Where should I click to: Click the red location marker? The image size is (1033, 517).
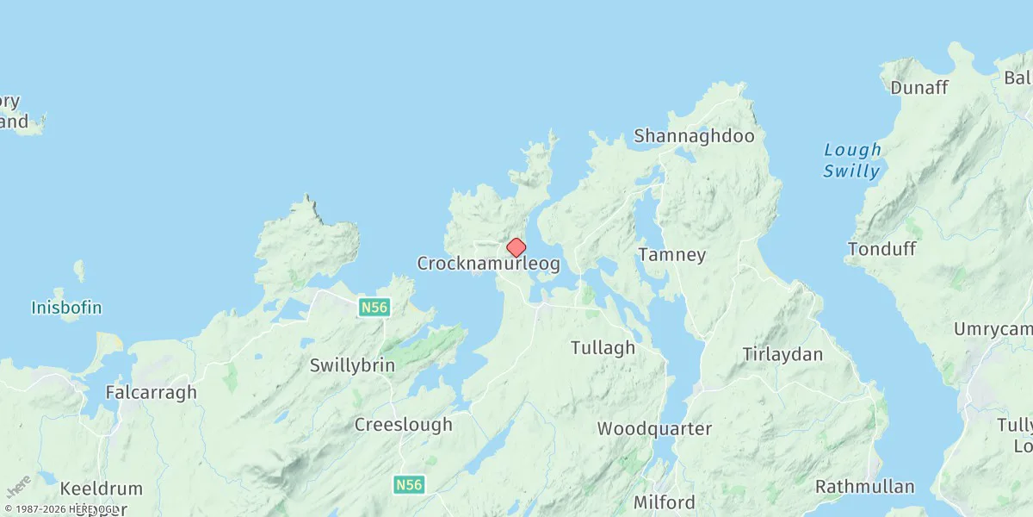click(x=516, y=248)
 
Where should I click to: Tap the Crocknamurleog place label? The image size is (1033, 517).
click(x=488, y=264)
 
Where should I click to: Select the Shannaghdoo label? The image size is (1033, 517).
click(x=694, y=136)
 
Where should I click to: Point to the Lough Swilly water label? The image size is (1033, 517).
click(x=852, y=160)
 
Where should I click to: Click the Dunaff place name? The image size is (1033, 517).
click(x=919, y=88)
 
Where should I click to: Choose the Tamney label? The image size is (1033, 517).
click(x=672, y=255)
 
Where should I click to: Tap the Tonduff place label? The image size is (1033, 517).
click(x=882, y=249)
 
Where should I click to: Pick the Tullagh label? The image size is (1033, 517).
click(x=603, y=348)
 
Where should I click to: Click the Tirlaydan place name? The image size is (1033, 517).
click(x=782, y=354)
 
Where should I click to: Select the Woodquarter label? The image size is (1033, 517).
click(x=655, y=428)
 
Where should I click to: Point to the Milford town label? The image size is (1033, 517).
click(x=664, y=502)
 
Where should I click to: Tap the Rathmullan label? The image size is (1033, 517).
click(x=865, y=487)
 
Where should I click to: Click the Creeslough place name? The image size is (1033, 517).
click(x=404, y=425)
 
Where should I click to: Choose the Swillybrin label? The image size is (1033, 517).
click(x=353, y=365)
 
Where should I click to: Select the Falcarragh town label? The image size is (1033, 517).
click(x=152, y=392)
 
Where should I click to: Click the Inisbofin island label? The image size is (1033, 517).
click(x=66, y=308)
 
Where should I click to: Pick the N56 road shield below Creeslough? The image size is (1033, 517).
click(x=410, y=485)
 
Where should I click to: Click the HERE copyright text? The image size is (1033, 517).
click(x=60, y=510)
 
